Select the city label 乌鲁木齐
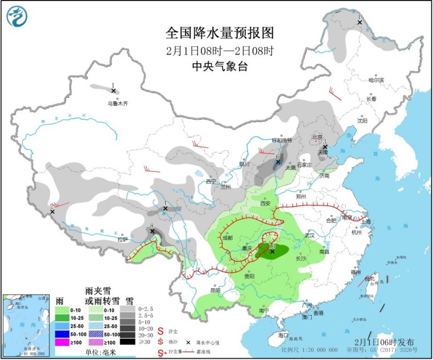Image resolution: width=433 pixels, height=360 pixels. click(x=117, y=103)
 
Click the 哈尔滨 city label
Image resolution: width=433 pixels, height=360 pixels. click(x=376, y=80)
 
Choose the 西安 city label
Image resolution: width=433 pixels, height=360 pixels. click(x=266, y=203)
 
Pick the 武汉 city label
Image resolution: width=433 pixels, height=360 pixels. click(x=310, y=235)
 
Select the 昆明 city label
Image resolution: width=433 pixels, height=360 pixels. click(x=215, y=290)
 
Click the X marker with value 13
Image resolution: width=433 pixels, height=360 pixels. click(x=272, y=251)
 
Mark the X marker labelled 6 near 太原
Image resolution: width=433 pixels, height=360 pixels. click(x=278, y=162)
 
